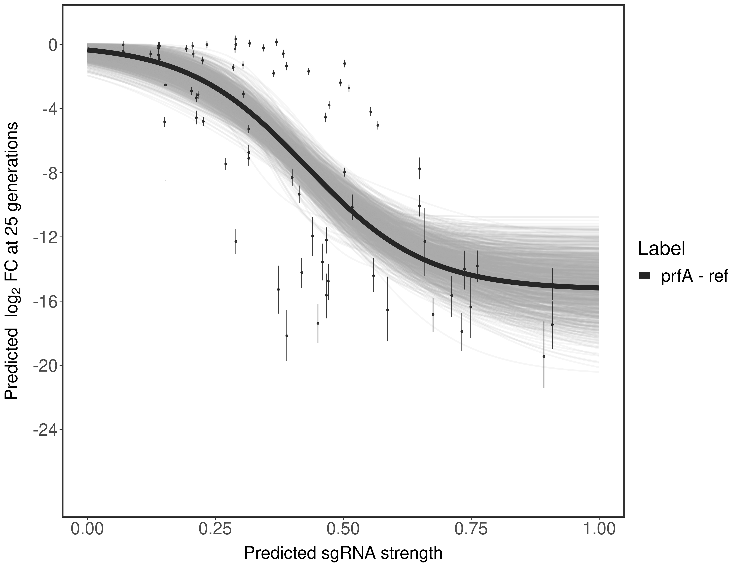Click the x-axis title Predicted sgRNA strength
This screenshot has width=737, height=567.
point(343,554)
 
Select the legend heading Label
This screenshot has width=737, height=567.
point(661,249)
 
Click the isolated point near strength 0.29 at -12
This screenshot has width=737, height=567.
point(236,241)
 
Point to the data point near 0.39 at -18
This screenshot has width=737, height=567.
point(287,336)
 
